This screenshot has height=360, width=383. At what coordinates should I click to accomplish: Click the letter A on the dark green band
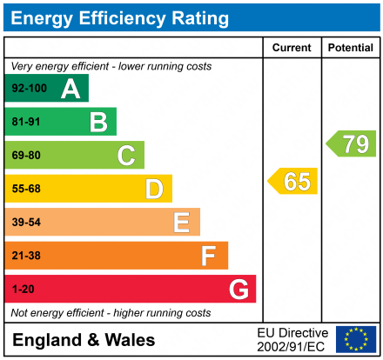pos(71,89)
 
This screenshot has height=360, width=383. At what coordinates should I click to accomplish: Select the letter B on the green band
pos(98,122)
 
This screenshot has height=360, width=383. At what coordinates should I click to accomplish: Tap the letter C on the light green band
pos(126,156)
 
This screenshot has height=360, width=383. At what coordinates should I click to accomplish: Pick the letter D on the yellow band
pos(154,189)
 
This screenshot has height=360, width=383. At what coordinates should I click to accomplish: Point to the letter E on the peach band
pos(181,223)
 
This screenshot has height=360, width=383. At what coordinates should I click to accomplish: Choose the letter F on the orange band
pos(209,256)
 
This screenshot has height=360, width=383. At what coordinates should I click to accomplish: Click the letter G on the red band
pos(237,289)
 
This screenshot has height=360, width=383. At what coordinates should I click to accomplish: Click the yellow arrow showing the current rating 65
pos(293,182)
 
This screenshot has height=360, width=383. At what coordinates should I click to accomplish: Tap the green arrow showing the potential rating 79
pos(351,143)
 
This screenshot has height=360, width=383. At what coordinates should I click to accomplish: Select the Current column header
pos(292,48)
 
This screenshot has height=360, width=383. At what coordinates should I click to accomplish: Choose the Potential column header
pos(350,48)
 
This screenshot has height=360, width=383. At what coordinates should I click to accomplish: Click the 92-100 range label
pos(29,89)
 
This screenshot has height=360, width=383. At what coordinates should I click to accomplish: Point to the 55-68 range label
pos(26,189)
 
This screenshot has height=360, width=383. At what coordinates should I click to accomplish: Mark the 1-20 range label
pos(23,289)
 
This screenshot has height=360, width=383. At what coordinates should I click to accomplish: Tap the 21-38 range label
pos(26,256)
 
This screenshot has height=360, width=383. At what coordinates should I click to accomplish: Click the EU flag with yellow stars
pos(355,339)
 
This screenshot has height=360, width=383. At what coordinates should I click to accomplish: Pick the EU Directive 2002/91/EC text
pos(292,339)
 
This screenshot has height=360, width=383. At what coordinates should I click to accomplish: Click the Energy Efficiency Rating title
pos(121,17)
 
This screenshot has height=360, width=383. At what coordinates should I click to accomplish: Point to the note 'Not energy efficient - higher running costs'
pos(111,312)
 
